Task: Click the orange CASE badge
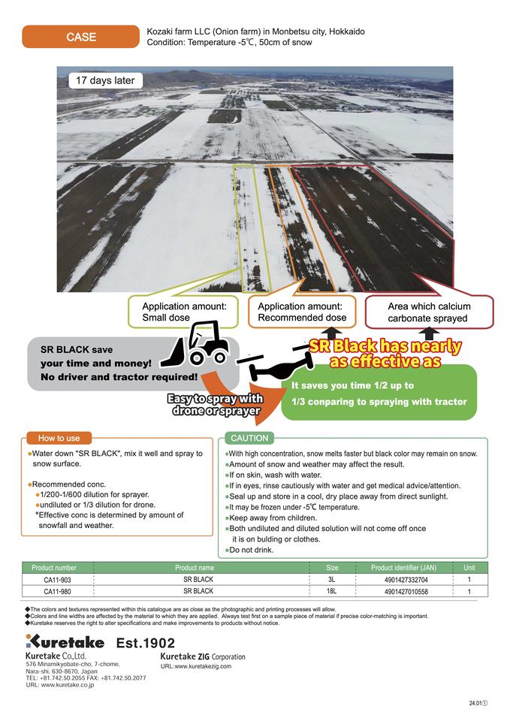[81, 36]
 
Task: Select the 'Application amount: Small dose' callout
[184, 312]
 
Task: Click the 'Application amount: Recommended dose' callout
[302, 312]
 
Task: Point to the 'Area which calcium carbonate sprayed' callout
[429, 312]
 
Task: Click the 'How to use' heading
[53, 438]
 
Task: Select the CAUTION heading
[249, 438]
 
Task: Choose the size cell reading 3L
[332, 580]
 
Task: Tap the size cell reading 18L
[332, 591]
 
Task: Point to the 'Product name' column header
[195, 568]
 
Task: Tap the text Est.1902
[146, 643]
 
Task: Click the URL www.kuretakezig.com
[196, 666]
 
